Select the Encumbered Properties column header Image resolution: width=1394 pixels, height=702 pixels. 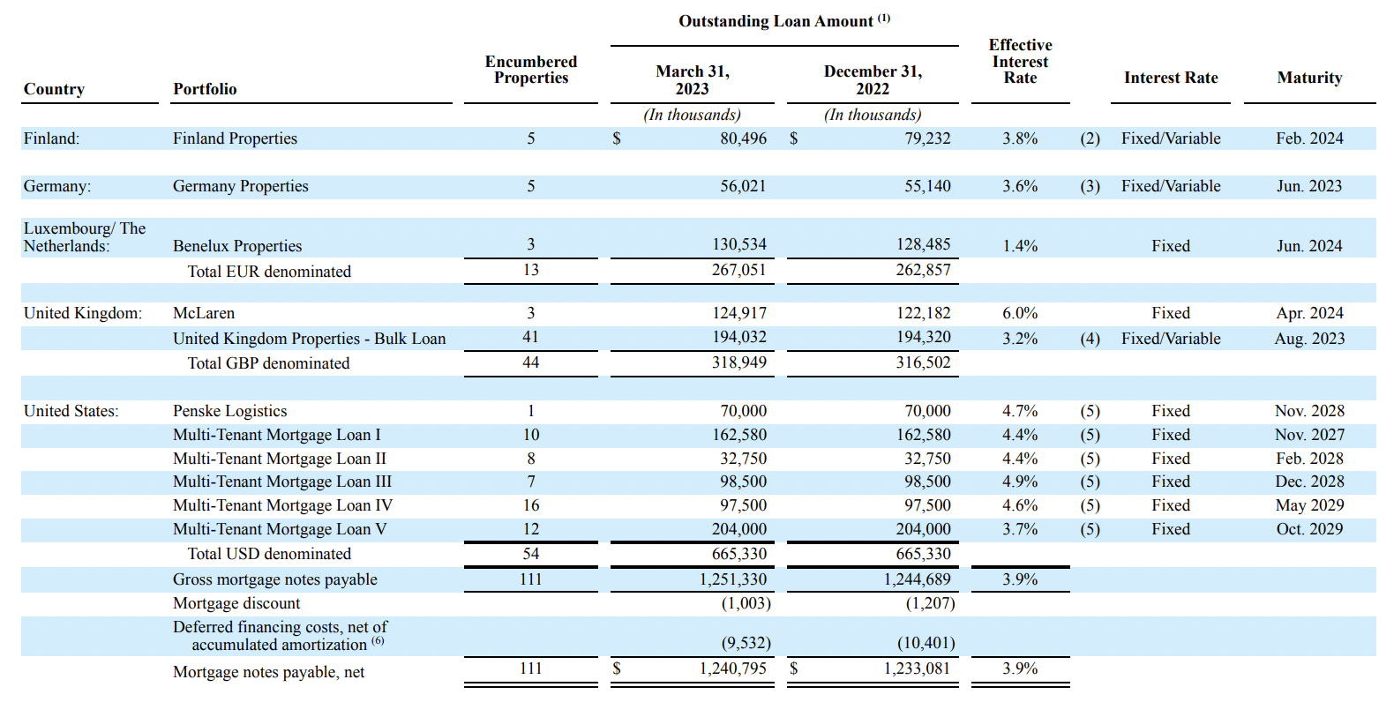530,70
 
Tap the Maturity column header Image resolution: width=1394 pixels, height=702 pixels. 1309,78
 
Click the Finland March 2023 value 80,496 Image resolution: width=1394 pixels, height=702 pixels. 743,138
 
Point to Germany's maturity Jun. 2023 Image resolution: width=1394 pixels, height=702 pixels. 1308,186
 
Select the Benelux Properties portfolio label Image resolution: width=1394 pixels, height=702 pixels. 237,246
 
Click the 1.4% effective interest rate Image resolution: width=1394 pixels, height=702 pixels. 1020,246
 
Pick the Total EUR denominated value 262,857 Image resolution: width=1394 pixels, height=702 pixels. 923,270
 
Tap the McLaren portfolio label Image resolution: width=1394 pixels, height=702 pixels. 204,313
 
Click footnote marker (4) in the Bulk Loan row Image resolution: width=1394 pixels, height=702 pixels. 1090,339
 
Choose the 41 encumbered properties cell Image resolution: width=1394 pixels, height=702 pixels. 530,337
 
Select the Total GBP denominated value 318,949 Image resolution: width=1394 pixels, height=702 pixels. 738,362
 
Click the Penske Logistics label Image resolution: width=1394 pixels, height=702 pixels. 229,411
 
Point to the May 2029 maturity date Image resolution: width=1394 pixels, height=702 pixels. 1309,505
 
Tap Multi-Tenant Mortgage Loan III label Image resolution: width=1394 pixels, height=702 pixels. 282,482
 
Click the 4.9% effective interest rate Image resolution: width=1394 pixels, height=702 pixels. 1020,482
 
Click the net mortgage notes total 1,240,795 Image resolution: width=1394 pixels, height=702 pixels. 732,668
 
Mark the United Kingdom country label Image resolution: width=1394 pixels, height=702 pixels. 82,313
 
